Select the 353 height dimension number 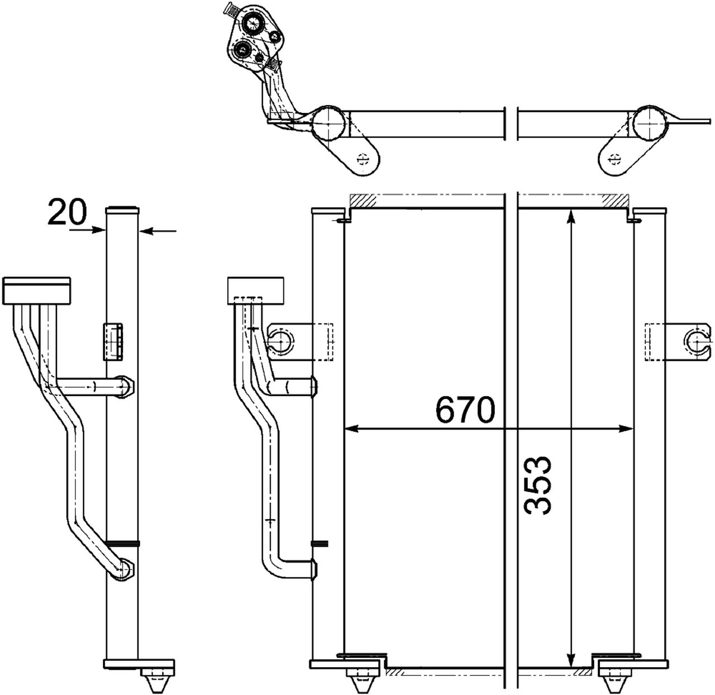538,484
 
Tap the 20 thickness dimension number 68,213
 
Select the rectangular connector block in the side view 37,291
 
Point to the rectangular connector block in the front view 256,291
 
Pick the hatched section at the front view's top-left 363,199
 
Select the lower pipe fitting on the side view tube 124,569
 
